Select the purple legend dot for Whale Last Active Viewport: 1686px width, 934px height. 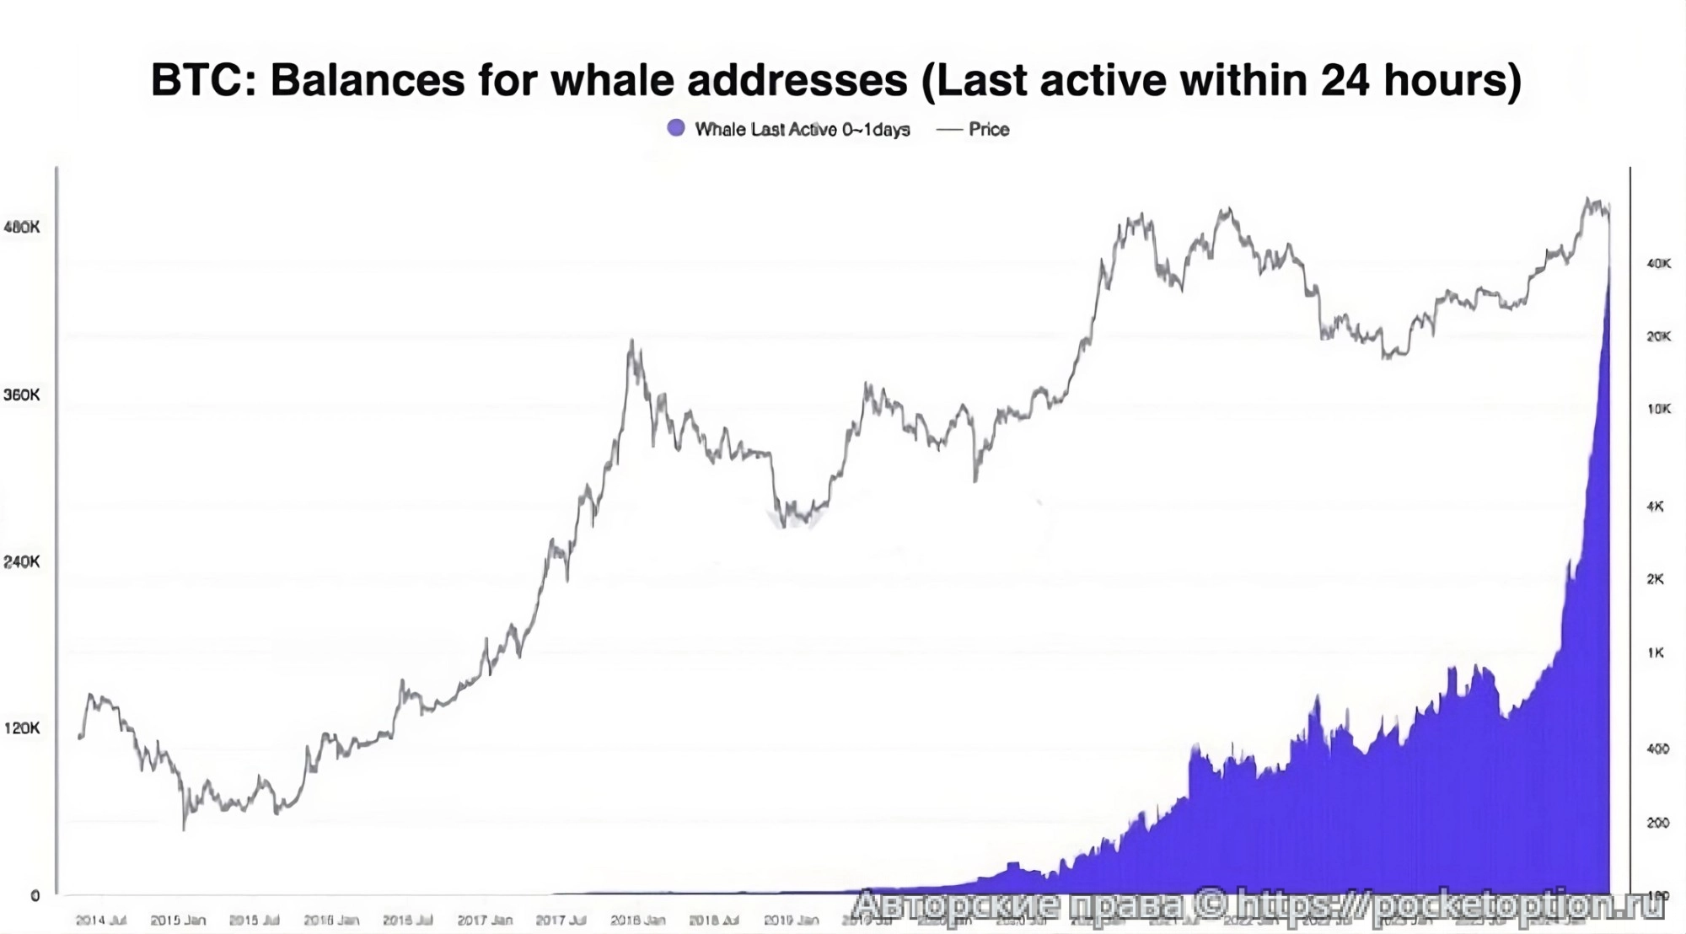tap(676, 128)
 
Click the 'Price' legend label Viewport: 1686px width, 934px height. tap(988, 130)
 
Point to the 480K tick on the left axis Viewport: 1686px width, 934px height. tap(22, 228)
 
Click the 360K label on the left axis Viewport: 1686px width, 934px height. tap(22, 395)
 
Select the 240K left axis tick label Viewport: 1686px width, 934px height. tap(22, 561)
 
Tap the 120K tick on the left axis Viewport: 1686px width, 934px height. tap(22, 727)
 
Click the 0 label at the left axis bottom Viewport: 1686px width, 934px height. tap(35, 896)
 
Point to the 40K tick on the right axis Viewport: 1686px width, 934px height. tap(1658, 264)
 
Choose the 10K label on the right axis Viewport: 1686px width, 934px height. tap(1658, 409)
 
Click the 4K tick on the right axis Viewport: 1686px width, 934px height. tap(1655, 507)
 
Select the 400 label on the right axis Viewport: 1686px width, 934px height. tap(1657, 749)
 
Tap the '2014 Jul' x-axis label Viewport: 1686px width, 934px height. tap(101, 920)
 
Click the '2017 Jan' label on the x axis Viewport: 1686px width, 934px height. tap(485, 920)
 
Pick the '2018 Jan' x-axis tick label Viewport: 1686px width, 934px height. tap(638, 920)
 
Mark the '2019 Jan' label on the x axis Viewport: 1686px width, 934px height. tap(791, 920)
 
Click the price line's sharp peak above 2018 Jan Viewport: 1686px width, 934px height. tap(632, 341)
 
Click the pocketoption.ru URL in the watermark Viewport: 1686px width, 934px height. tap(1450, 905)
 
